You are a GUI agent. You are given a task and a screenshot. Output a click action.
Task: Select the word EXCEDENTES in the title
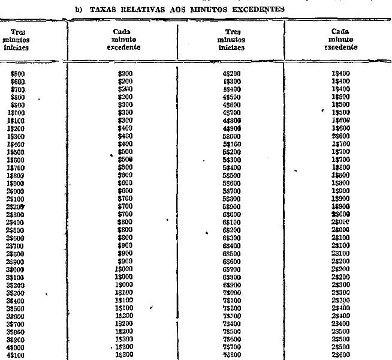(x=268, y=8)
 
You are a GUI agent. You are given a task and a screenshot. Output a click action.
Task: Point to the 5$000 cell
(x=232, y=136)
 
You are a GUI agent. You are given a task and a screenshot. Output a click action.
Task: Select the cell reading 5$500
(x=232, y=175)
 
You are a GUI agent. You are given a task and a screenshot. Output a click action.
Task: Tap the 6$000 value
(x=232, y=214)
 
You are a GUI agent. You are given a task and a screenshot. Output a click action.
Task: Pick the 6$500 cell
(x=232, y=253)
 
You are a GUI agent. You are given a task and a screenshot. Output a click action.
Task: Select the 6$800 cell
(x=232, y=277)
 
